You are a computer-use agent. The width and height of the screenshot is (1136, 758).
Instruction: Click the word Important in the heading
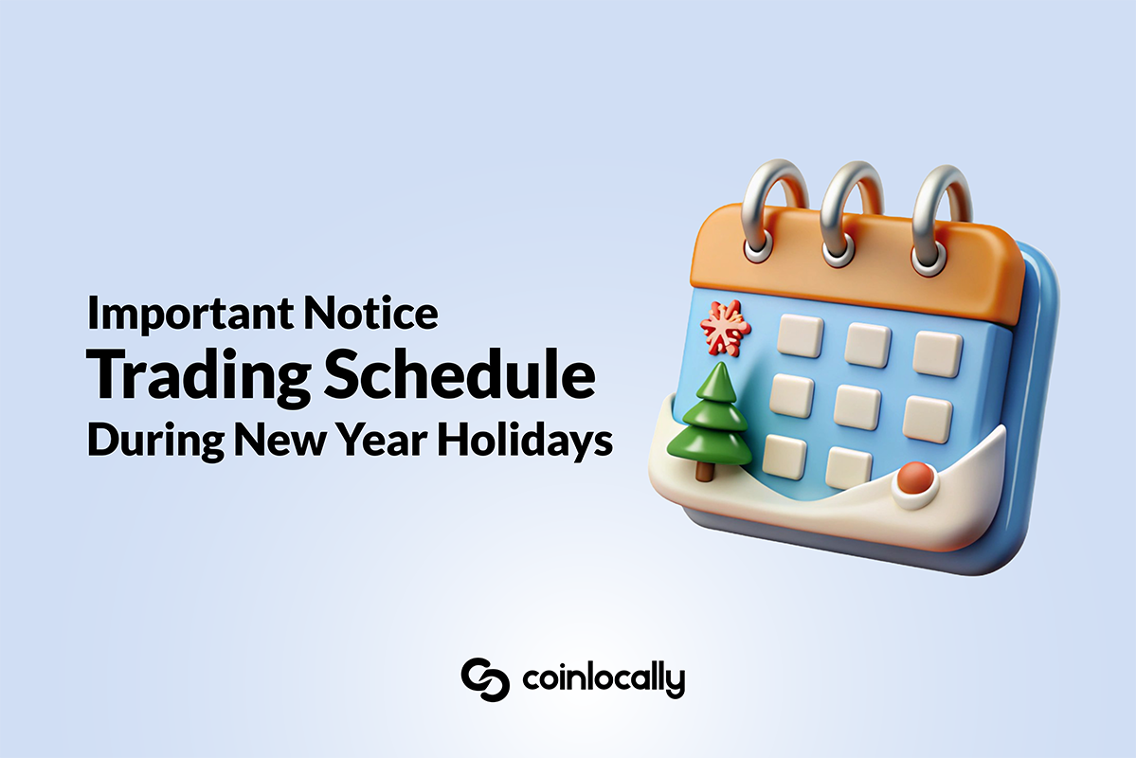pyautogui.click(x=190, y=314)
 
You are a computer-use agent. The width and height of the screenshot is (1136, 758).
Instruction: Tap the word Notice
pyautogui.click(x=370, y=312)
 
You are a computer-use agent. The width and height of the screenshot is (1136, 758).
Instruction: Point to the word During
pyautogui.click(x=155, y=440)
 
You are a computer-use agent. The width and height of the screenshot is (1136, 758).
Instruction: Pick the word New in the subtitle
pyautogui.click(x=279, y=439)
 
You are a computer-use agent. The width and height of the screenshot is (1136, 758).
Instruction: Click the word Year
pyautogui.click(x=381, y=439)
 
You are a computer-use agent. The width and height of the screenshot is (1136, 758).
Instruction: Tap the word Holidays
pyautogui.click(x=525, y=440)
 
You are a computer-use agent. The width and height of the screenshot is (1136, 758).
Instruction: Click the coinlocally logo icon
pyautogui.click(x=485, y=679)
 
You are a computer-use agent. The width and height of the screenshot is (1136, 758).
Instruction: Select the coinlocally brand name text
pyautogui.click(x=604, y=679)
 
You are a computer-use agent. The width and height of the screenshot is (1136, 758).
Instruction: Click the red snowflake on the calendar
pyautogui.click(x=725, y=328)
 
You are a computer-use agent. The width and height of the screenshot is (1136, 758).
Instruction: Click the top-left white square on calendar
pyautogui.click(x=801, y=335)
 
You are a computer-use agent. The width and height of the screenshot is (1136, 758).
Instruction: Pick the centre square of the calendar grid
pyautogui.click(x=857, y=406)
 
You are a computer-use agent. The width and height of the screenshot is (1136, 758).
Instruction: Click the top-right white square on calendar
pyautogui.click(x=937, y=353)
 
